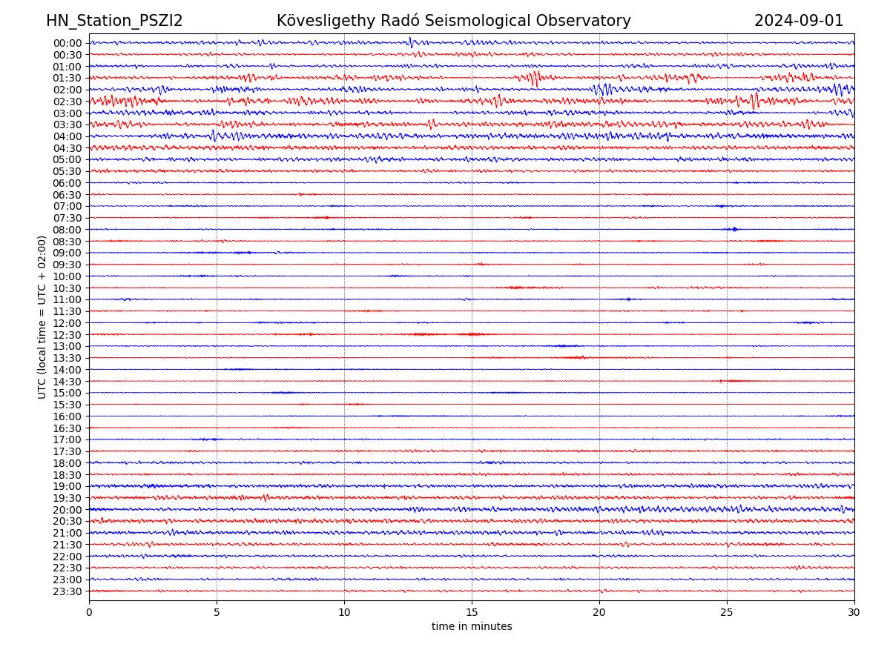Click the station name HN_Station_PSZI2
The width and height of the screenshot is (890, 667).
coord(114,21)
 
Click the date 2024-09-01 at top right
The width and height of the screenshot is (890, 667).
coord(799,21)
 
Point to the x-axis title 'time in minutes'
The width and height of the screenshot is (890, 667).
coord(472,627)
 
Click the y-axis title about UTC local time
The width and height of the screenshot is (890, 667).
coord(42,316)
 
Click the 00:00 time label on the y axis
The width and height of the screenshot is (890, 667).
coord(67,43)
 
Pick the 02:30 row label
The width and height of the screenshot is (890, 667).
coord(67,102)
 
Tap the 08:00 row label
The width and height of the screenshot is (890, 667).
coord(67,230)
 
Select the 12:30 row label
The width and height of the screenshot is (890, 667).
coord(67,335)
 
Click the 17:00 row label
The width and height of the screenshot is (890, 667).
coord(67,439)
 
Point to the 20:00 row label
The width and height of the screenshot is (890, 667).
coord(67,510)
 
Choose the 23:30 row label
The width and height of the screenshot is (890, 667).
coord(67,591)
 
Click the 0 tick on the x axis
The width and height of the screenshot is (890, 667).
coord(89,613)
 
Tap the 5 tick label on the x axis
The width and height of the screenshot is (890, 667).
coord(217,613)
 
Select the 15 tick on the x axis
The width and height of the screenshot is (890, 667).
coord(472,613)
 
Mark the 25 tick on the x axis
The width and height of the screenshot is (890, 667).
coord(727,613)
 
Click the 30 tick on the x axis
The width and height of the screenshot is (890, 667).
coord(854,613)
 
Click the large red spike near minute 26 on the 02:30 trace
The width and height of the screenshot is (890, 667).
coord(754,100)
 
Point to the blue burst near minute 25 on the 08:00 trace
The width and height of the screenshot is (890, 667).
coord(734,229)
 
